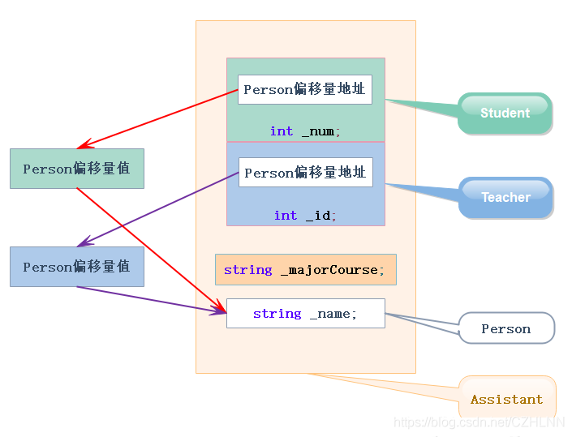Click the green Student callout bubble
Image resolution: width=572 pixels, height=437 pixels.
pyautogui.click(x=505, y=113)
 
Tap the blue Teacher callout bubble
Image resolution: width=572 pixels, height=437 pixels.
pyautogui.click(x=505, y=197)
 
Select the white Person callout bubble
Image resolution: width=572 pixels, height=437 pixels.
pyautogui.click(x=506, y=328)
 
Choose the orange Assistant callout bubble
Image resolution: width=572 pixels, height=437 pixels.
pyautogui.click(x=507, y=399)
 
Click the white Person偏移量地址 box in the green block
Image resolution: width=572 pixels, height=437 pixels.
pyautogui.click(x=305, y=89)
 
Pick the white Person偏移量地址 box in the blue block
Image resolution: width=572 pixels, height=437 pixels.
pyautogui.click(x=306, y=173)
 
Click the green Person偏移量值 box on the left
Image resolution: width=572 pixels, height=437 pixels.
pyautogui.click(x=77, y=169)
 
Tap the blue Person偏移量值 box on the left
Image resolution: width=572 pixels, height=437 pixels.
pyautogui.click(x=77, y=267)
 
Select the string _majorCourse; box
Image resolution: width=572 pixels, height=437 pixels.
pyautogui.click(x=305, y=269)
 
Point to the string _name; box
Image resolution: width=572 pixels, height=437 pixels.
pyautogui.click(x=305, y=313)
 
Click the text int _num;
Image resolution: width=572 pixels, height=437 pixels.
pyautogui.click(x=305, y=131)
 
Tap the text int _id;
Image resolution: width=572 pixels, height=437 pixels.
pyautogui.click(x=305, y=215)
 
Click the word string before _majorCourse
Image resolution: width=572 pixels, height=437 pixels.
pyautogui.click(x=247, y=269)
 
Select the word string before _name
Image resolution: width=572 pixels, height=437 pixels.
pyautogui.click(x=277, y=313)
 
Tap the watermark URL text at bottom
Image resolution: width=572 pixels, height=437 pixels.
pyautogui.click(x=479, y=422)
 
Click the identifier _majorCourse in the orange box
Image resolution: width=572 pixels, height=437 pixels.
pyautogui.click(x=332, y=269)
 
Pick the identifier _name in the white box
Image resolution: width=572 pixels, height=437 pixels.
pyautogui.click(x=333, y=313)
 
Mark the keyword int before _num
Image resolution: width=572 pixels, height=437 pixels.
pyautogui.click(x=282, y=131)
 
